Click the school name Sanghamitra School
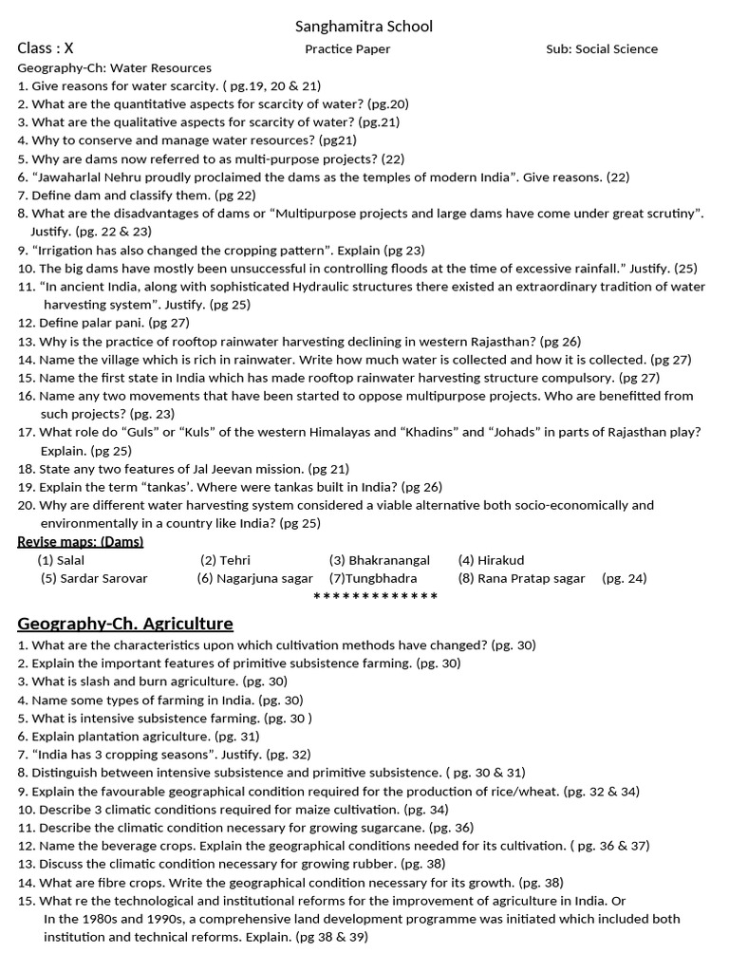(x=364, y=27)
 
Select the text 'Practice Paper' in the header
(x=347, y=49)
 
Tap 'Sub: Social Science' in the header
(x=602, y=49)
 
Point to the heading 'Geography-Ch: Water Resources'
(x=115, y=68)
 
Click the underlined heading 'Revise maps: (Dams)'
(x=81, y=541)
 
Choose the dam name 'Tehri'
(x=234, y=560)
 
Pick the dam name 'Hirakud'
(x=501, y=560)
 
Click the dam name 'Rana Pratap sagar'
(x=532, y=578)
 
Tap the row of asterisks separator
(x=375, y=596)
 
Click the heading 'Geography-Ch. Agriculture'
(x=125, y=624)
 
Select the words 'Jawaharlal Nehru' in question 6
(x=87, y=178)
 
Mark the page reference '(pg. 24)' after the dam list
(x=625, y=578)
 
